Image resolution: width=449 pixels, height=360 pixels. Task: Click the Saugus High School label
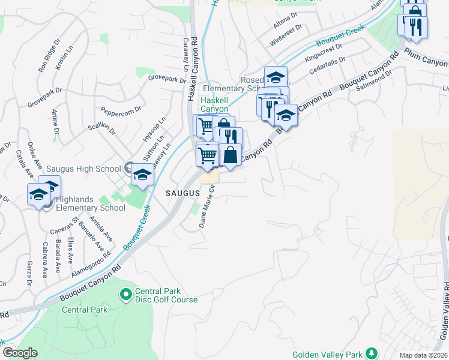(x=87, y=169)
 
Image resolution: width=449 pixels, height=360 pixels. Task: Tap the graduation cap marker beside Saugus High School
(x=142, y=175)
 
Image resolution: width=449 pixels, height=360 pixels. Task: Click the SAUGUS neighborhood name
(x=182, y=193)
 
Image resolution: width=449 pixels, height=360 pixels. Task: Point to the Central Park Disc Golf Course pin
(x=125, y=294)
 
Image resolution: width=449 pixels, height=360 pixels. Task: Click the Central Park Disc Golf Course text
(x=166, y=295)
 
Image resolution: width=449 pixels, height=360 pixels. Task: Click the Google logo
(x=20, y=353)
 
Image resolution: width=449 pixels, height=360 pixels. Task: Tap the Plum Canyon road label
(x=426, y=58)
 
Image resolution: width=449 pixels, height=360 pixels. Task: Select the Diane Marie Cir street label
(x=207, y=207)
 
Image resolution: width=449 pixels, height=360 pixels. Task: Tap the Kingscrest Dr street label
(x=323, y=52)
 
